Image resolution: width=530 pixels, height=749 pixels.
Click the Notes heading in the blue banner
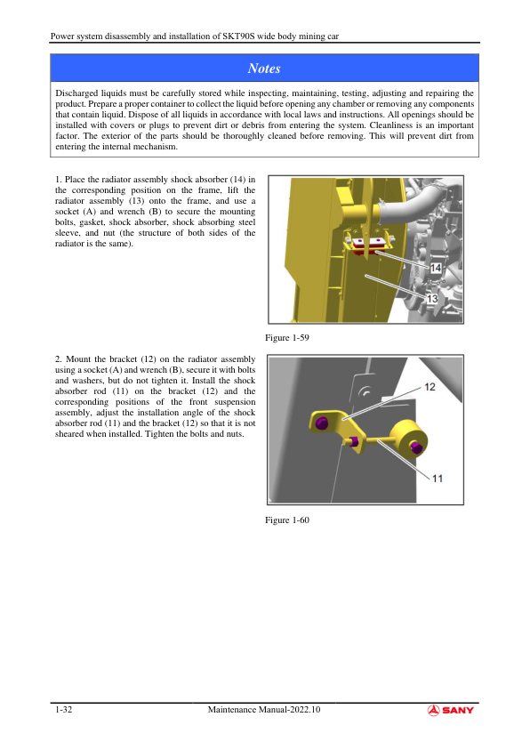[264, 68]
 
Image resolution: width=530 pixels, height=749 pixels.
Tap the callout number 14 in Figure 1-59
[436, 268]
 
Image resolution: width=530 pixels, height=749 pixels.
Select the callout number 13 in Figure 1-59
[432, 299]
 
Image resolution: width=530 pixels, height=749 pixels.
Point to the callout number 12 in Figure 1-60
[430, 387]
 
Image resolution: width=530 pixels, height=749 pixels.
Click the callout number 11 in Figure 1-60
[438, 479]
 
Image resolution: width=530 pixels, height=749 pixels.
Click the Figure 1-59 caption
[287, 338]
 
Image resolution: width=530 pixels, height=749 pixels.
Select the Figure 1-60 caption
[287, 520]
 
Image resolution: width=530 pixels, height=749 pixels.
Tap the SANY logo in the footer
[451, 710]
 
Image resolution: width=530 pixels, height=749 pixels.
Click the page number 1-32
[63, 710]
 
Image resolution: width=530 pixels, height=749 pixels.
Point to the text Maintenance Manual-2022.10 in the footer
[264, 710]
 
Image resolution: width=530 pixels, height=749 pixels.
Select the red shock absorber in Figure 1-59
[369, 249]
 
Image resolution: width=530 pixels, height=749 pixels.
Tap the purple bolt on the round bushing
[415, 447]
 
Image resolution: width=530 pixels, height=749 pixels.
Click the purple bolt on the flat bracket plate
[322, 423]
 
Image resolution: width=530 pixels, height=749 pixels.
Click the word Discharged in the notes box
[76, 93]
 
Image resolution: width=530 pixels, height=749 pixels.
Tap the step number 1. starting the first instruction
[59, 180]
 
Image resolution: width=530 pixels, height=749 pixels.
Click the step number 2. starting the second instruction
[59, 359]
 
